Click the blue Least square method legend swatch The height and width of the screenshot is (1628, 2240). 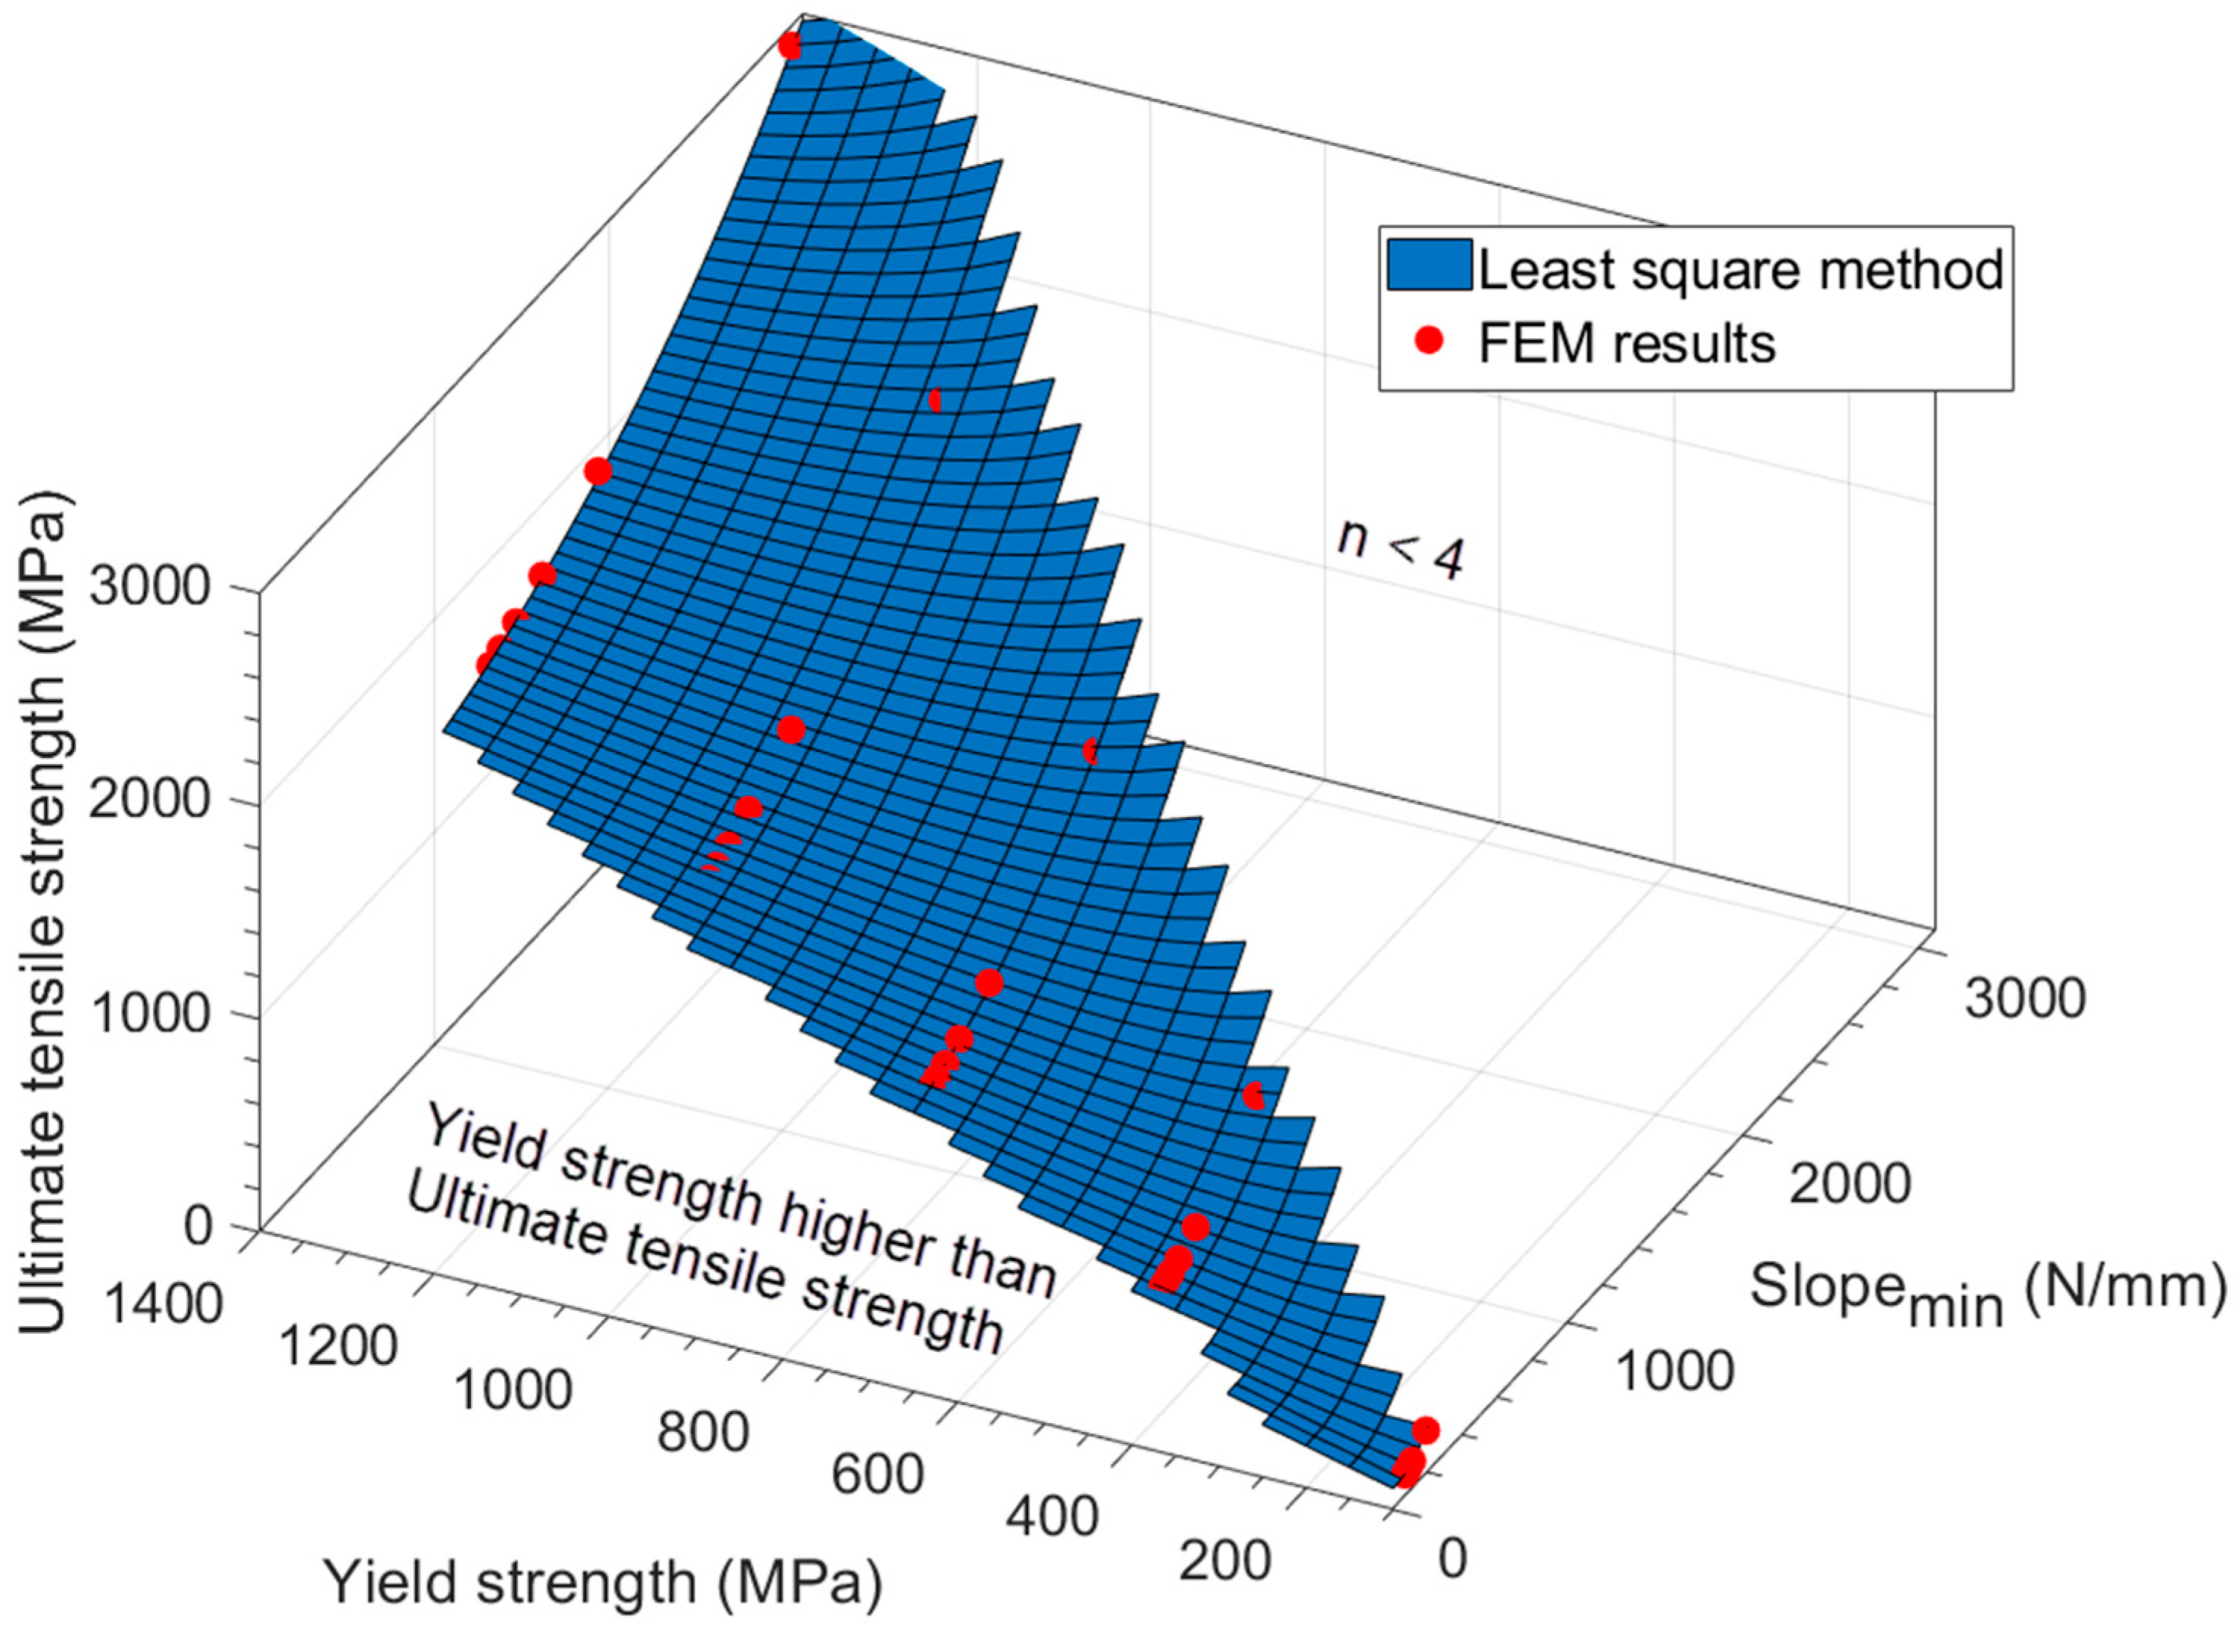[x=1428, y=265]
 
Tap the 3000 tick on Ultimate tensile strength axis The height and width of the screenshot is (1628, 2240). [x=149, y=589]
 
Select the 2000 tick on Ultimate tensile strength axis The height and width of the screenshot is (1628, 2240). [x=149, y=800]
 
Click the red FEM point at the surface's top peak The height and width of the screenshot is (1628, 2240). [x=789, y=45]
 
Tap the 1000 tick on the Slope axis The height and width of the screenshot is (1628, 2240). [x=1674, y=1370]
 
